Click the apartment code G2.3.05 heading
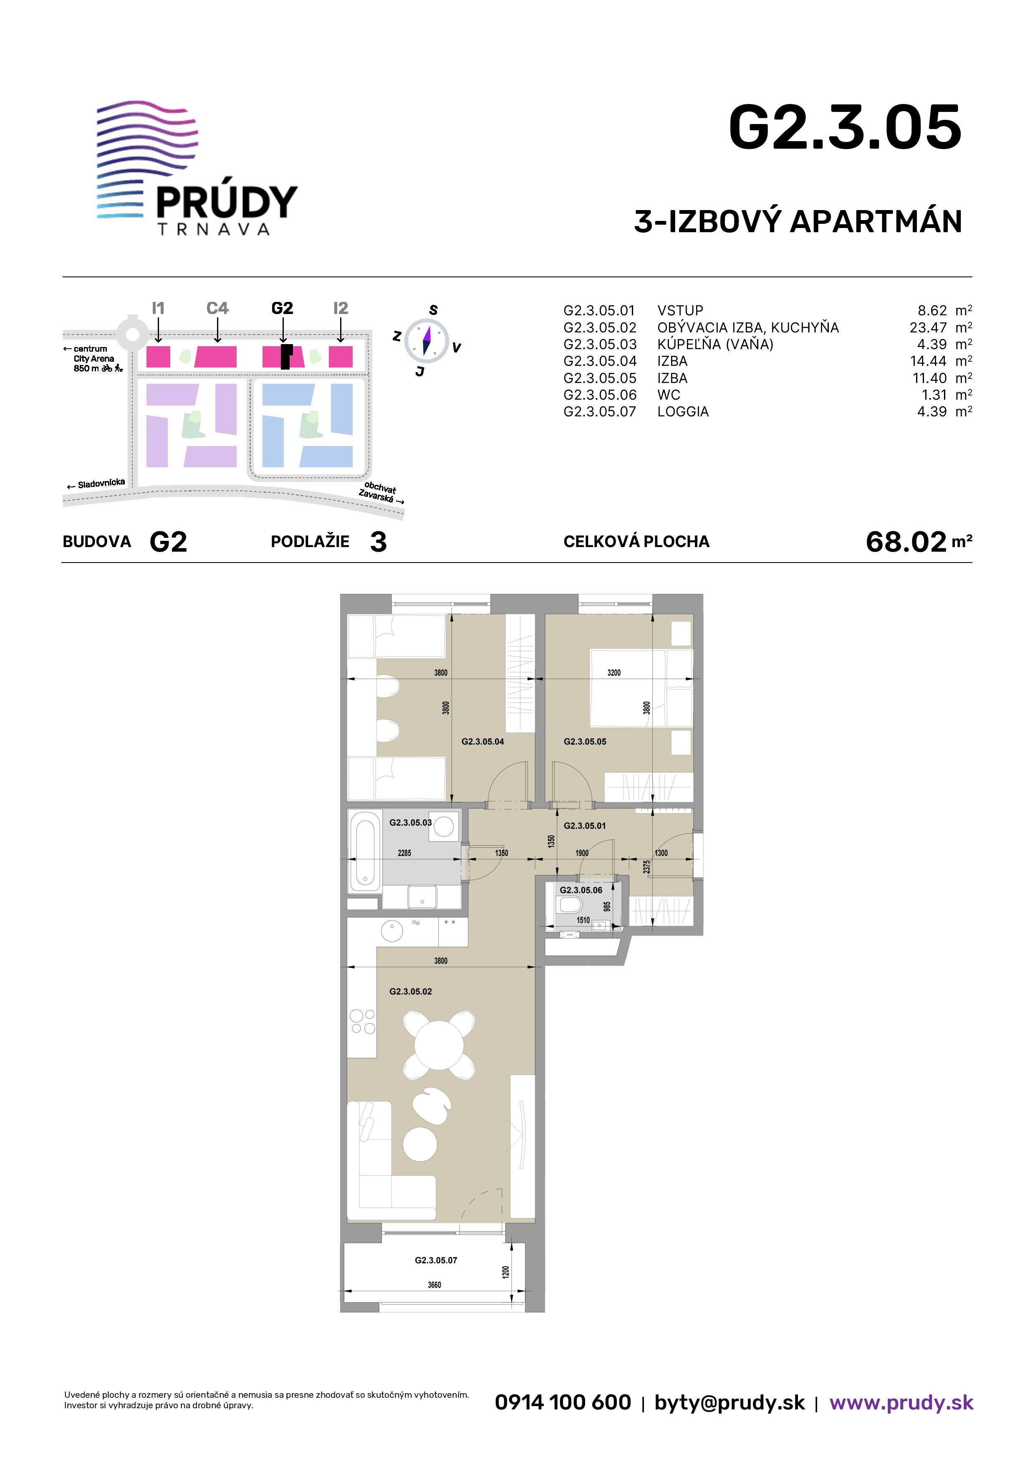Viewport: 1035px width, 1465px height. point(845,128)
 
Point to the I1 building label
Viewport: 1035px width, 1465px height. point(158,308)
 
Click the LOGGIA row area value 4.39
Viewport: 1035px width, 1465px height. point(931,411)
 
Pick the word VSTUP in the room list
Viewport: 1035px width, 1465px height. point(680,311)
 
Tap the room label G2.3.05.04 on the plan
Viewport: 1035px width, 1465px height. point(483,741)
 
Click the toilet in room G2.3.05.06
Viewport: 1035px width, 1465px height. point(571,905)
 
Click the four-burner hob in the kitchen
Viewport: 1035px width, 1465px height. point(362,1021)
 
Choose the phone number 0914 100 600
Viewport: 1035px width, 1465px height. point(563,1402)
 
